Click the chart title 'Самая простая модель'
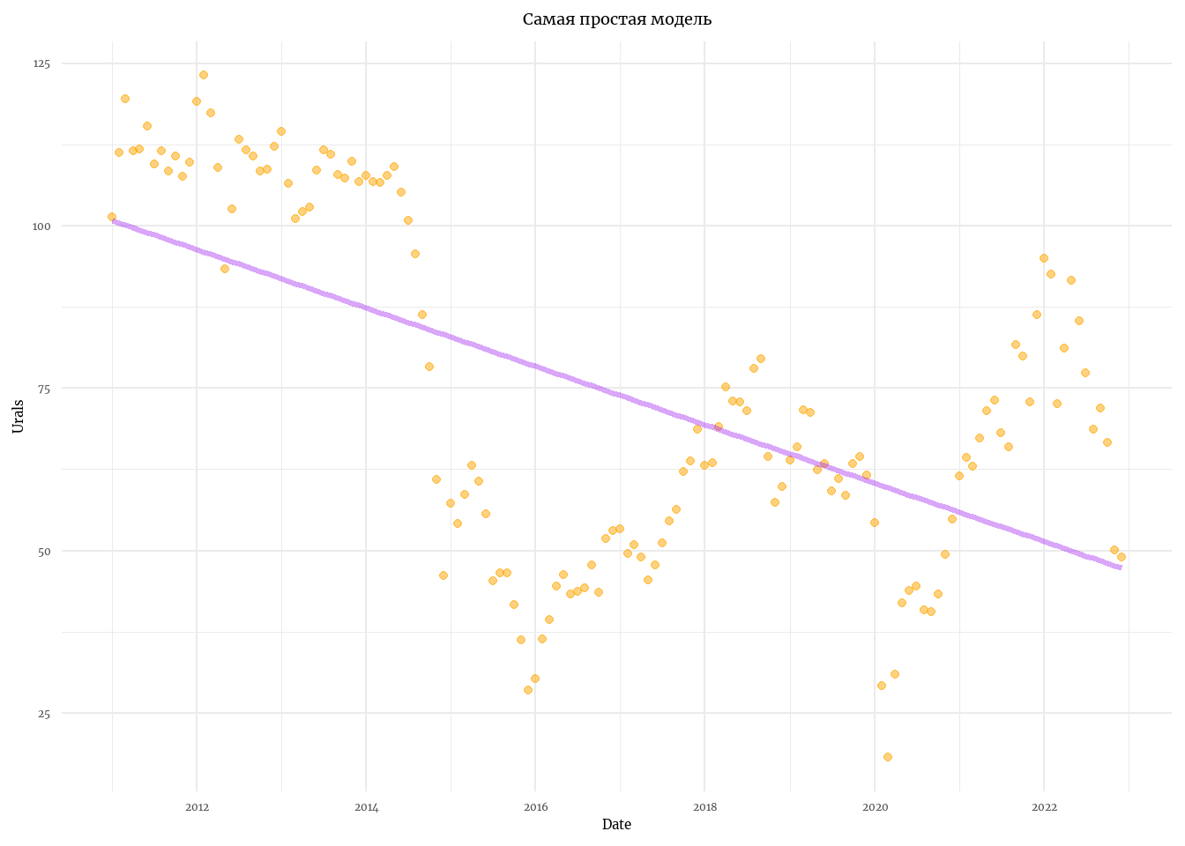[x=616, y=19]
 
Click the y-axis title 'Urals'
[x=19, y=416]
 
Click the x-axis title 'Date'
[x=616, y=825]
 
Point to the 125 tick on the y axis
[x=42, y=64]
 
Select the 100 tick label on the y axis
[x=42, y=226]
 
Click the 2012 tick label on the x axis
[x=197, y=807]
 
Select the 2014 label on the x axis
[x=366, y=807]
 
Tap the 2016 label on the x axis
[x=535, y=807]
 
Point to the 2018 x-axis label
[x=704, y=807]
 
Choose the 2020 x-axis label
[x=874, y=807]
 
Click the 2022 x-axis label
[x=1044, y=807]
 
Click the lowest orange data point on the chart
[x=888, y=757]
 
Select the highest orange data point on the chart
[x=204, y=75]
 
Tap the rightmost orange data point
[x=1122, y=557]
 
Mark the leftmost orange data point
[x=112, y=217]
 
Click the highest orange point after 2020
[x=1044, y=258]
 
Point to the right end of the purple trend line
[x=1120, y=568]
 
